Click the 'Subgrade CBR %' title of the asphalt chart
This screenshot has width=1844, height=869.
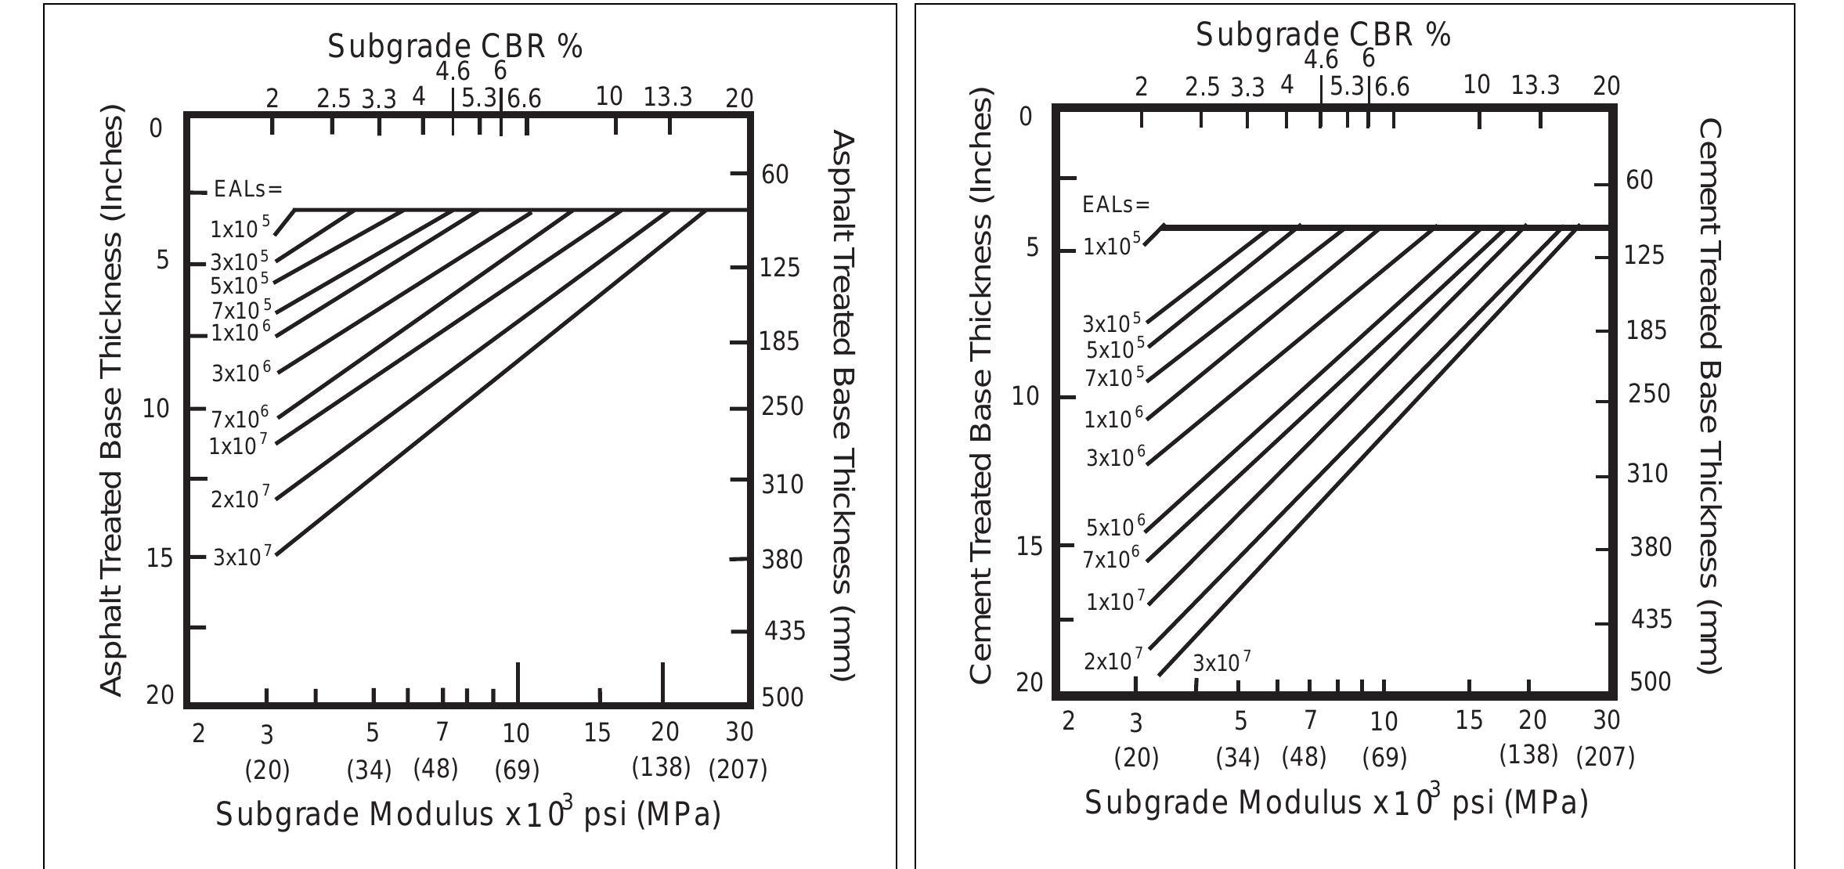[455, 47]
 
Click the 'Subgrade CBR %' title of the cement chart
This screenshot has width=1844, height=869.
[1323, 35]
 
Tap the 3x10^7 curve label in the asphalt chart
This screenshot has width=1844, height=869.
[243, 557]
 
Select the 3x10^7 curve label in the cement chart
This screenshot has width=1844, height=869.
[1221, 663]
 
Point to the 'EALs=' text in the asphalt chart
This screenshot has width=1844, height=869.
[247, 189]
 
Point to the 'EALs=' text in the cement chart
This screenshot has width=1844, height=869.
[1116, 205]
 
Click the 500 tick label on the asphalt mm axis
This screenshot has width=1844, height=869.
[782, 697]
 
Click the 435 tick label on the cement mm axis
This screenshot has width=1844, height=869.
[1651, 619]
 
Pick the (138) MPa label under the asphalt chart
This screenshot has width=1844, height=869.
[661, 767]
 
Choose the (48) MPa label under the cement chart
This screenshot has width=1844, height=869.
[1304, 757]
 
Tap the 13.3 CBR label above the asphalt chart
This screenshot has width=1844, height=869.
[668, 97]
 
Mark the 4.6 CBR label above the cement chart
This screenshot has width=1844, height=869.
[1321, 59]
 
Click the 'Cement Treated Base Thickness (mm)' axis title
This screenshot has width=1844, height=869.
[1709, 395]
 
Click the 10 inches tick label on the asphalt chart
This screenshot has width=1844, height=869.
[156, 408]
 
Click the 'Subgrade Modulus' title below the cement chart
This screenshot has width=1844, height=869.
[1336, 802]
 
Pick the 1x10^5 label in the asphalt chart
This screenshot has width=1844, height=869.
[240, 229]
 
